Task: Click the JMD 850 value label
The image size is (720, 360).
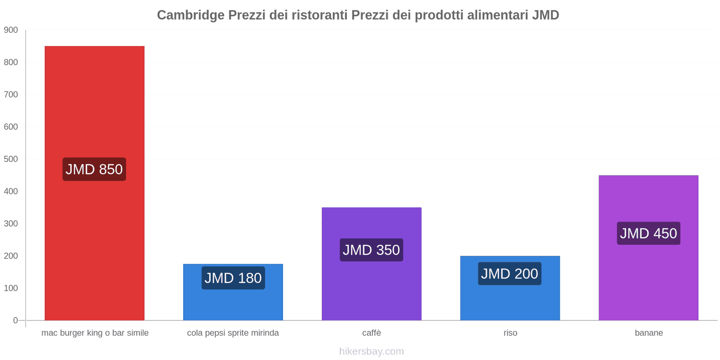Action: coord(94,169)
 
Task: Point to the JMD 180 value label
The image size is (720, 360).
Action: coord(233,278)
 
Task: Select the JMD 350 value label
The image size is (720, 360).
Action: coord(371,250)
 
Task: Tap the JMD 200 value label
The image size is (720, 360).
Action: coord(509,274)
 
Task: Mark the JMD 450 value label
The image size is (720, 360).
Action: coord(648,233)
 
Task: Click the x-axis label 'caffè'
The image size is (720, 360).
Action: coord(371,333)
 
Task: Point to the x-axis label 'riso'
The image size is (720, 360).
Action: coord(510,333)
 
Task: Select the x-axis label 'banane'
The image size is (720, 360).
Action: coord(648,333)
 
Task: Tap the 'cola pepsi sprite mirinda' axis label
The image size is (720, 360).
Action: coord(233,333)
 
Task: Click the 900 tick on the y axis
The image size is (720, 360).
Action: coord(11,30)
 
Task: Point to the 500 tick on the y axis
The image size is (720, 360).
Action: coord(11,159)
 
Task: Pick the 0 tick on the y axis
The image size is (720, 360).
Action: coord(15,320)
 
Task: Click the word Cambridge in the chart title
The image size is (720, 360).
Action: coord(190,15)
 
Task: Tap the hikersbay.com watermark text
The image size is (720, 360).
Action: coord(371,351)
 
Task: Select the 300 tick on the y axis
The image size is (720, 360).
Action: coord(11,224)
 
